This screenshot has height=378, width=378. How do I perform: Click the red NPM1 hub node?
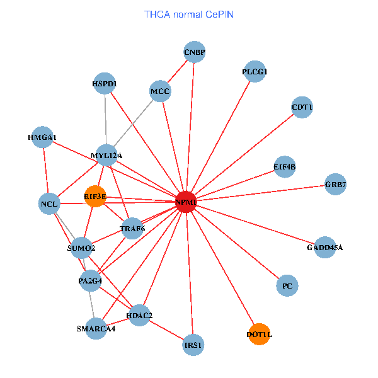pyautogui.click(x=186, y=202)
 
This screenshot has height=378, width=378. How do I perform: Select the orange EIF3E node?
pyautogui.click(x=95, y=197)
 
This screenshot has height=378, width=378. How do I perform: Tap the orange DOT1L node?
pyautogui.click(x=259, y=334)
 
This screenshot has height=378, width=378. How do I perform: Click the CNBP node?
pyautogui.click(x=195, y=52)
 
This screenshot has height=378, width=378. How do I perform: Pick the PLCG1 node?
pyautogui.click(x=255, y=72)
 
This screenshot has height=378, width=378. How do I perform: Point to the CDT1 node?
pyautogui.click(x=302, y=108)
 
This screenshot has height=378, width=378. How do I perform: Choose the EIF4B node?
pyautogui.click(x=285, y=167)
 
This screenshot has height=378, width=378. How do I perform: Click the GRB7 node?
pyautogui.click(x=336, y=184)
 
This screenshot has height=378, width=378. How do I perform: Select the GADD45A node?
pyautogui.click(x=325, y=248)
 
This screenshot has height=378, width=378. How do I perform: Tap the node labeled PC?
pyautogui.click(x=287, y=286)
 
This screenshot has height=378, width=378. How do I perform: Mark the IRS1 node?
pyautogui.click(x=193, y=345)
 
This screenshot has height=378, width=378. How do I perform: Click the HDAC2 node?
pyautogui.click(x=139, y=315)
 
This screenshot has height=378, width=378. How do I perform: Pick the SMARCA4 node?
pyautogui.click(x=96, y=328)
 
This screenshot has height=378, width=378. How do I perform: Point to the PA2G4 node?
pyautogui.click(x=90, y=281)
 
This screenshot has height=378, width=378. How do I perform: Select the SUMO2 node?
pyautogui.click(x=81, y=248)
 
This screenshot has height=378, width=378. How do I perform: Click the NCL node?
pyautogui.click(x=49, y=203)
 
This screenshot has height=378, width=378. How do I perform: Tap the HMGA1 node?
pyautogui.click(x=42, y=137)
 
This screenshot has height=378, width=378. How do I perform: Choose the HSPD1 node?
pyautogui.click(x=105, y=83)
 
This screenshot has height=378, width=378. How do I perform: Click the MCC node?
pyautogui.click(x=161, y=91)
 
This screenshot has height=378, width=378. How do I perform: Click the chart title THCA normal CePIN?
pyautogui.click(x=189, y=13)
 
